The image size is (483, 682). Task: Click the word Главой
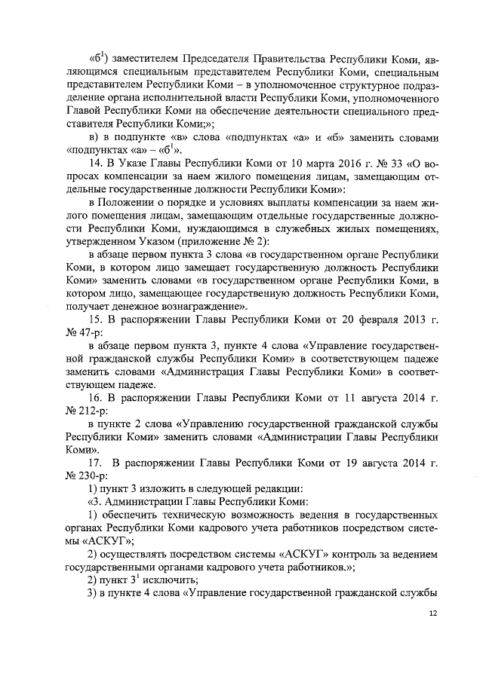pos(86,110)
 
